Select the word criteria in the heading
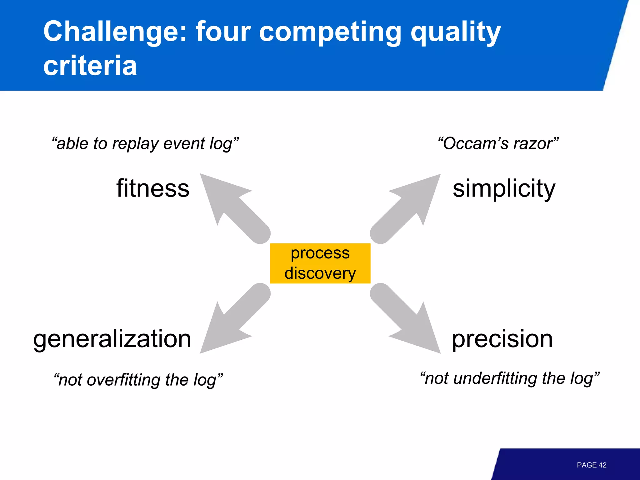tap(90, 66)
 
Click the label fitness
tap(153, 188)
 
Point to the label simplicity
tap(504, 188)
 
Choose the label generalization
tap(112, 339)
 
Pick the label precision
tap(502, 339)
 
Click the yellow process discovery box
tap(320, 263)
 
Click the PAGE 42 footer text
tap(591, 465)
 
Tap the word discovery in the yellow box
tap(320, 273)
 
